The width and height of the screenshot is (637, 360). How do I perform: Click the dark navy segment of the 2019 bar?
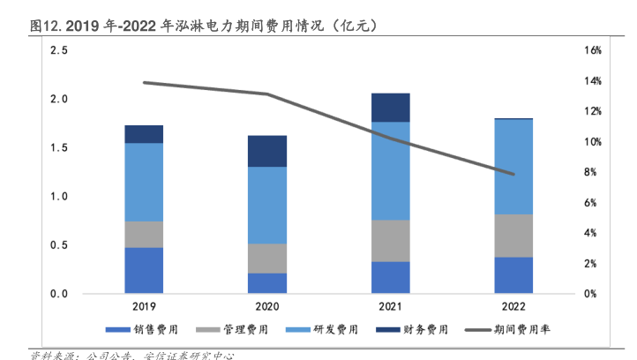tap(144, 134)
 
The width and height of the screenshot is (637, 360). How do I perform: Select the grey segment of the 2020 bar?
tap(266, 259)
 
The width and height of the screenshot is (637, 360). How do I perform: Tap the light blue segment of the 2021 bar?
tap(390, 170)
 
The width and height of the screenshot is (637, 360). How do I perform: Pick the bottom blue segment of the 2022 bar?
tap(513, 274)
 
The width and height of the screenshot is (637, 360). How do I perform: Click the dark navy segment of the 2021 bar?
tap(390, 108)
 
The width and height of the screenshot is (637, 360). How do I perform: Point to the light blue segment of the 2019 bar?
tap(144, 182)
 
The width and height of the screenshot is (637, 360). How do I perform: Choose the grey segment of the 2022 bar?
tap(513, 236)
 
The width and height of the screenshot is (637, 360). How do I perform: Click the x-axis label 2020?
tap(266, 308)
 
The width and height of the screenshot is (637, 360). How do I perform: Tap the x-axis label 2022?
tap(513, 308)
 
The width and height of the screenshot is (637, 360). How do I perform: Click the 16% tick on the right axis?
tap(593, 51)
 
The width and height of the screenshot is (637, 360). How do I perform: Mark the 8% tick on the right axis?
tap(593, 172)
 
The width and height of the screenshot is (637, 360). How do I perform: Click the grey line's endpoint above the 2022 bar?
tap(513, 175)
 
